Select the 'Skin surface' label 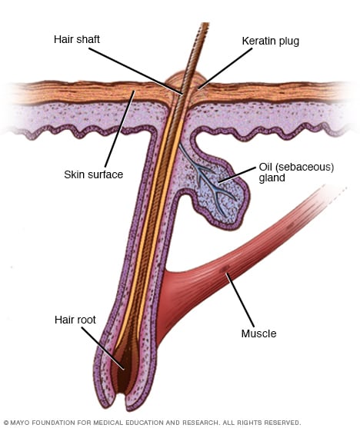pos(94,174)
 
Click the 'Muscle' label pos(258,333)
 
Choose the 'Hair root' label pos(75,319)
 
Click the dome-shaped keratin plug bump pos(185,80)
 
